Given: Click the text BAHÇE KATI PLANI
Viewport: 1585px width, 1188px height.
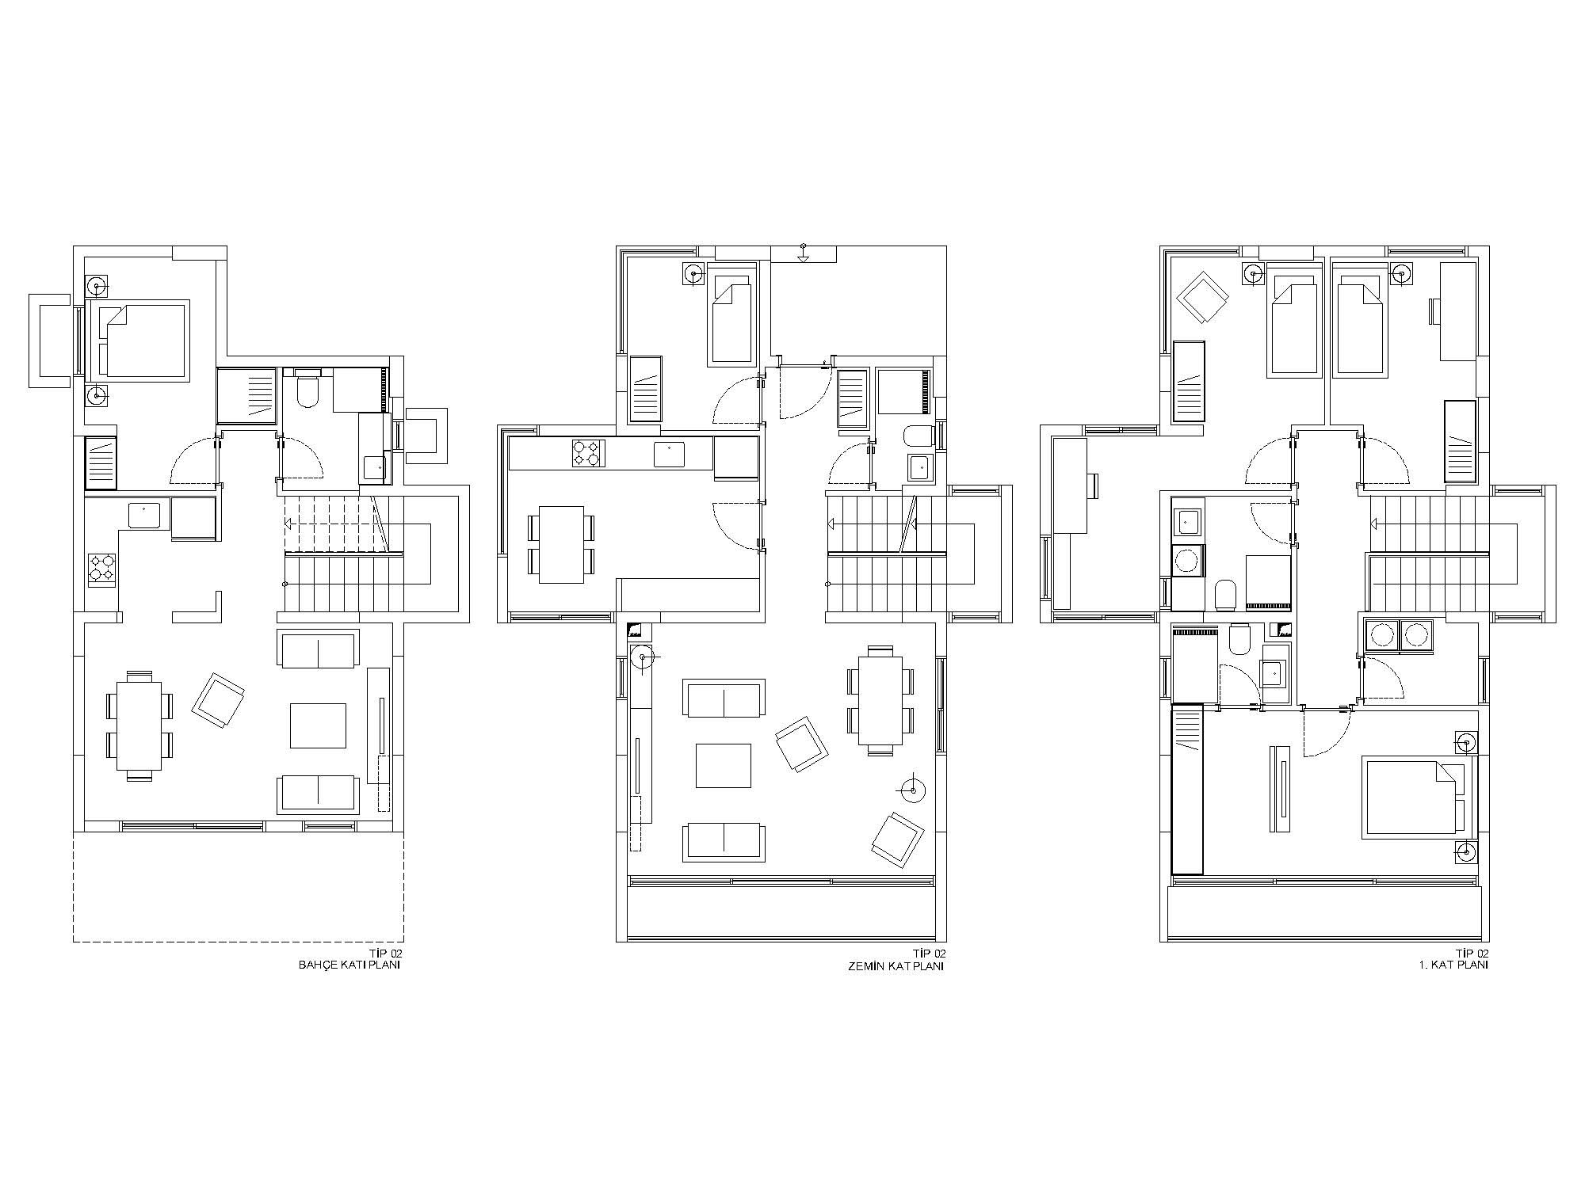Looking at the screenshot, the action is tap(349, 965).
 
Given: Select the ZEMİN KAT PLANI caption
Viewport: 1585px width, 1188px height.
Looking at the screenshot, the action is tap(896, 965).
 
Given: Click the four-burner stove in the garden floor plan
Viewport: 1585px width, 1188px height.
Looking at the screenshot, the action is tap(101, 569).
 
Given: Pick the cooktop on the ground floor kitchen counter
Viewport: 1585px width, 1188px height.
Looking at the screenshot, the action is tap(588, 453).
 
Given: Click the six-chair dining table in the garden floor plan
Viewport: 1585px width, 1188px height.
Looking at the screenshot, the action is tap(139, 725).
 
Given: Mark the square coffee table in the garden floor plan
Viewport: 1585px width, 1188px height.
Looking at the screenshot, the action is tap(318, 725).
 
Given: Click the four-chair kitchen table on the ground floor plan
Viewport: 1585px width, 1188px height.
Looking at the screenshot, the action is tap(561, 545).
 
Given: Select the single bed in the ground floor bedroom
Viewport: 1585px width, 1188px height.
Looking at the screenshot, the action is tap(730, 319).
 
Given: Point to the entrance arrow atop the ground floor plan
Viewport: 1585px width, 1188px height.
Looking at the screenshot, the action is tap(803, 253).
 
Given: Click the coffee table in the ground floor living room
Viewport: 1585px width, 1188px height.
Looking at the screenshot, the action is tap(723, 765).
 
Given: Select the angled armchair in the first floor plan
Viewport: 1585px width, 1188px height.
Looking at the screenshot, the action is tap(1202, 298).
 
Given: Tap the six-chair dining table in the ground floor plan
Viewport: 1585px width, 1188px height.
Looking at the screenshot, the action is tap(880, 697).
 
